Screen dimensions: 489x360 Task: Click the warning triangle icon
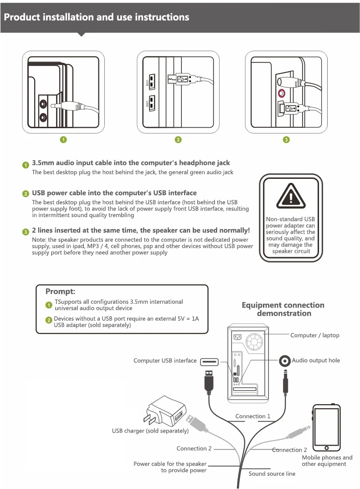coord(291,196)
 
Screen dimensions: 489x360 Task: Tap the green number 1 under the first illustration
coord(64,140)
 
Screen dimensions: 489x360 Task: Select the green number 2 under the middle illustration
coord(178,140)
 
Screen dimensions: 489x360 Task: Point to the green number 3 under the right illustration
coord(286,140)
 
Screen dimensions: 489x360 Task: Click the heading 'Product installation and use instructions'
coord(97,17)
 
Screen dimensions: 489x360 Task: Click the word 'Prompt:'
coord(60,291)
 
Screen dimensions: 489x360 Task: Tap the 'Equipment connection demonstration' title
coord(283,309)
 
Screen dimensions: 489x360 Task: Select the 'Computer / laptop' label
coord(315,335)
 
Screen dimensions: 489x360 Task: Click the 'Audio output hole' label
coord(316,360)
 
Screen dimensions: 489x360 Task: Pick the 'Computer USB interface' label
coord(165,360)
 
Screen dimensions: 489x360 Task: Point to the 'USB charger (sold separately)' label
coord(150,431)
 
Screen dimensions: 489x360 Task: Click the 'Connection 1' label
coord(252,416)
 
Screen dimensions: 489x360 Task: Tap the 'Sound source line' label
coord(272,473)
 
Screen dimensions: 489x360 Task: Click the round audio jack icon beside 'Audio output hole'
coord(285,361)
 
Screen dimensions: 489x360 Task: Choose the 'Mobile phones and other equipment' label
coord(327,461)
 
